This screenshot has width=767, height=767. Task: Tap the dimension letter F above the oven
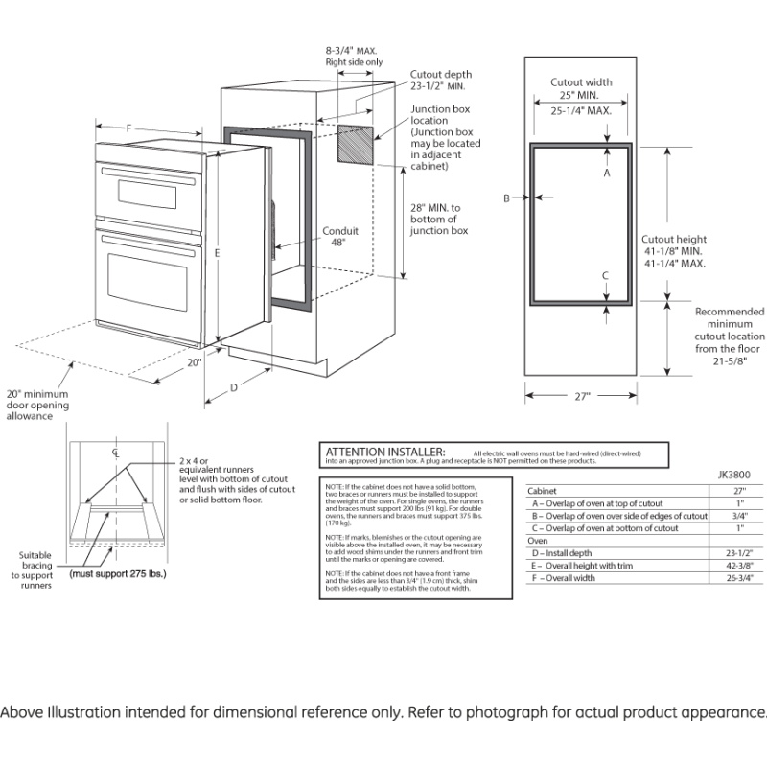128,127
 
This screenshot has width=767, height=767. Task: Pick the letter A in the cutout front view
606,174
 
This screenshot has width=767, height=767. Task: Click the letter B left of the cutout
506,198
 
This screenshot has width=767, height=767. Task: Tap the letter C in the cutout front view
606,275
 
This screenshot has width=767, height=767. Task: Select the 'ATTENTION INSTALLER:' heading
384,452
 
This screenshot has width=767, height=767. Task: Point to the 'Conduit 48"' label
340,236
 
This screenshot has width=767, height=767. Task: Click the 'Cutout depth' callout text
441,74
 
